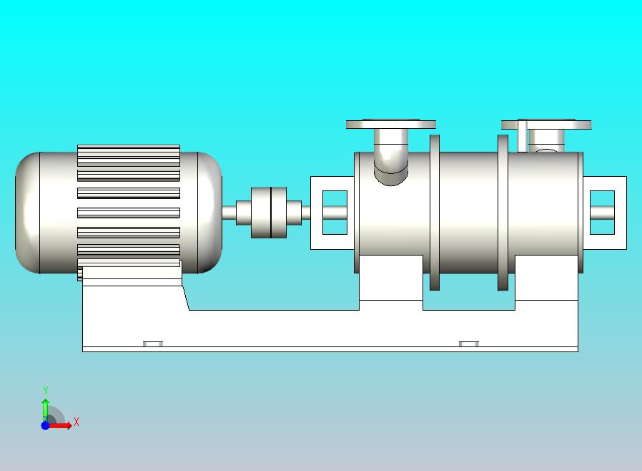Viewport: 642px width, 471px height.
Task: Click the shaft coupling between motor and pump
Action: tap(269, 213)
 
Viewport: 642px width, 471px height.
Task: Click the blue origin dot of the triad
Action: tap(46, 425)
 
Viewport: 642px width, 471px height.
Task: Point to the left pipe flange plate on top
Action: tap(390, 124)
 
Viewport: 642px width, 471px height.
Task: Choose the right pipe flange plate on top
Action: tap(546, 125)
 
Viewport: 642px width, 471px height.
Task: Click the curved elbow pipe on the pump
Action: tap(391, 157)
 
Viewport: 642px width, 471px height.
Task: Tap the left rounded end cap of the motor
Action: tap(28, 213)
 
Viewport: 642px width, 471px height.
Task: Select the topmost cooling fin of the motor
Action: tap(129, 155)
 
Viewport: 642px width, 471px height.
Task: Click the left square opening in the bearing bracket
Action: tap(335, 213)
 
